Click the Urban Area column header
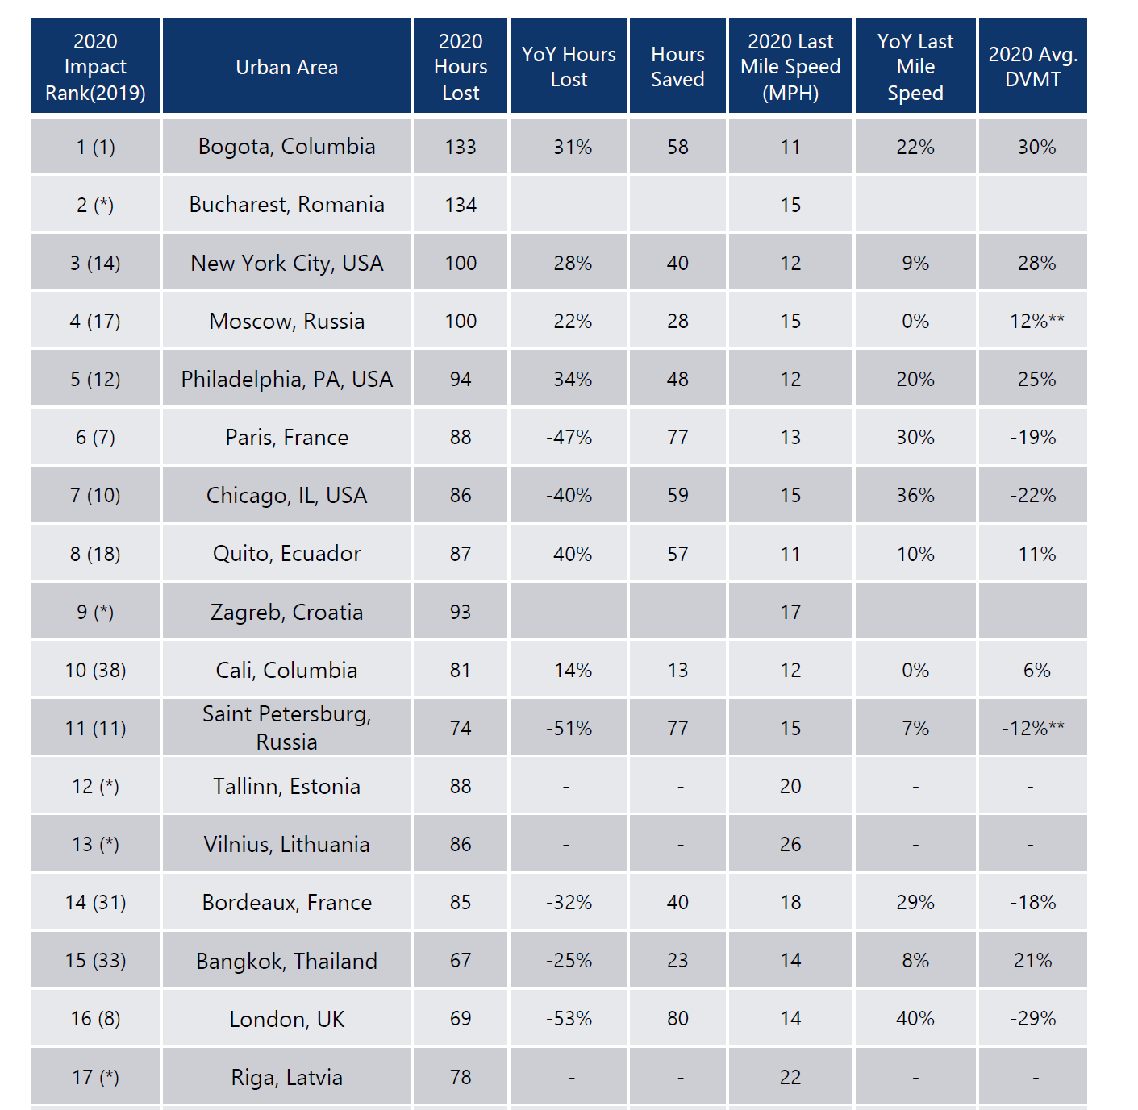click(286, 67)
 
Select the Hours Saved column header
click(677, 67)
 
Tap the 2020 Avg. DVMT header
click(1032, 67)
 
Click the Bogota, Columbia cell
click(286, 147)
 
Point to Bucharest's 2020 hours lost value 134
click(461, 205)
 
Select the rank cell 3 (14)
click(95, 263)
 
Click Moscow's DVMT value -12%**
click(1032, 321)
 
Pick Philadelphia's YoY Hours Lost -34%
click(569, 379)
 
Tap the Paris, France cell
click(286, 437)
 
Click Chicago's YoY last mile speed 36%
click(915, 495)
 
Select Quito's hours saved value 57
click(677, 554)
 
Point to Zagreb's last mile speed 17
click(790, 612)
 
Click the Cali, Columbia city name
click(286, 670)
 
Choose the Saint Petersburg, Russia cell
click(286, 727)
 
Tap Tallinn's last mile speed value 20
click(790, 786)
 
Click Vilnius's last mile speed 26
click(790, 844)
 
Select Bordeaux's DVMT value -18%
click(1032, 902)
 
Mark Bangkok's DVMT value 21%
click(1032, 960)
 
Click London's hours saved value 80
click(677, 1018)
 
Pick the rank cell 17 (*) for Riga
click(95, 1077)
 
